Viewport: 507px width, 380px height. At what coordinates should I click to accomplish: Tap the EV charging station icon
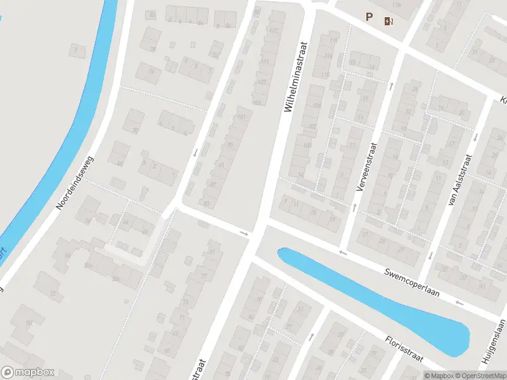pyautogui.click(x=388, y=21)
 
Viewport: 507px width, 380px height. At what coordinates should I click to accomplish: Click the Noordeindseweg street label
pyautogui.click(x=75, y=184)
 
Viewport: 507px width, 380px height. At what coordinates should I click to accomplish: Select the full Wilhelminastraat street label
pyautogui.click(x=295, y=78)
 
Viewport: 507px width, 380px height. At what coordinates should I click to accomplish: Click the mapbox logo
pyautogui.click(x=28, y=372)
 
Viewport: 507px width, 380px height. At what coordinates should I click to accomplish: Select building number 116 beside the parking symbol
pyautogui.click(x=397, y=5)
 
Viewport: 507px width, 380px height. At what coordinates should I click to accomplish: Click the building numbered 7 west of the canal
pyautogui.click(x=78, y=49)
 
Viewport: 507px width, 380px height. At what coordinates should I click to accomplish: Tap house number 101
pyautogui.click(x=241, y=117)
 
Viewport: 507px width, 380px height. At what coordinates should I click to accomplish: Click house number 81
pyautogui.click(x=212, y=252)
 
